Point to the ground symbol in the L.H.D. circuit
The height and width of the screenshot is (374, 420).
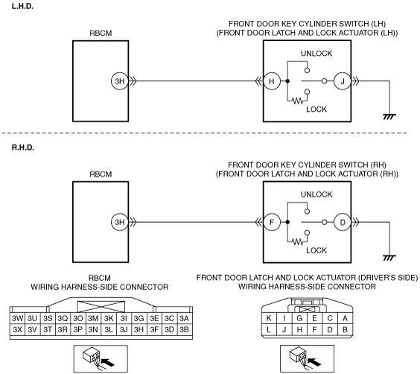(389, 116)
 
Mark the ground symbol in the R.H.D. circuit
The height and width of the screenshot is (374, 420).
(389, 258)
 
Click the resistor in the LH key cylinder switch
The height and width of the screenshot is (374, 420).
(297, 101)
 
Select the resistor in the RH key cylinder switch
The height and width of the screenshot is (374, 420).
(297, 242)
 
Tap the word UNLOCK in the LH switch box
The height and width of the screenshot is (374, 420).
(316, 54)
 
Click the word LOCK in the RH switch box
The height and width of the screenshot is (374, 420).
(316, 250)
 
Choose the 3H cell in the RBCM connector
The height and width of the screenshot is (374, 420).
(139, 329)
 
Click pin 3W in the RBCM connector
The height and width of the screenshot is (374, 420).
(17, 318)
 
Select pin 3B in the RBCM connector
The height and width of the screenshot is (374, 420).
(185, 329)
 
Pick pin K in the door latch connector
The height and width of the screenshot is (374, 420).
(269, 318)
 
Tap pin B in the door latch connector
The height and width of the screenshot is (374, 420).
(346, 329)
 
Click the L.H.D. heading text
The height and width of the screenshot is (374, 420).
(22, 7)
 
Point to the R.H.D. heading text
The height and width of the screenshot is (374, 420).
(23, 148)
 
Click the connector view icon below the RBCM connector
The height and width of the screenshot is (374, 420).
(101, 359)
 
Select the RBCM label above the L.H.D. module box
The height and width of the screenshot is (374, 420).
(101, 34)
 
